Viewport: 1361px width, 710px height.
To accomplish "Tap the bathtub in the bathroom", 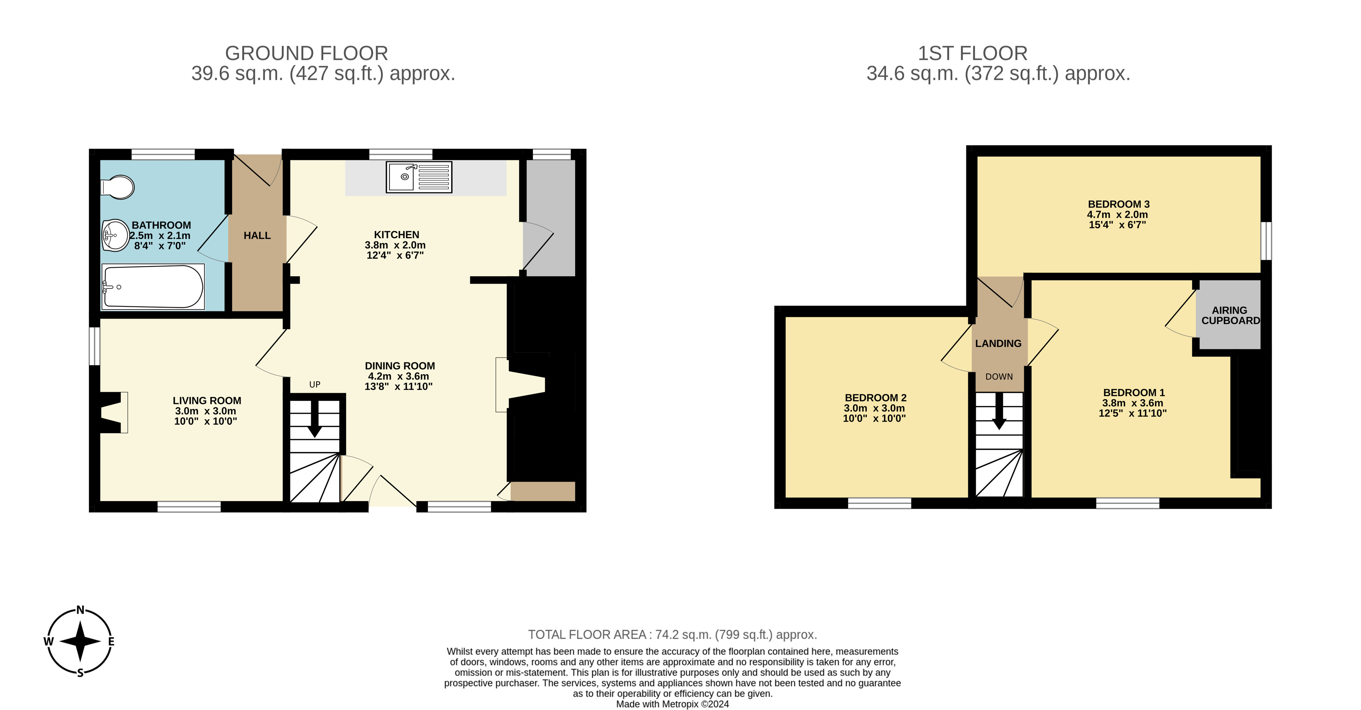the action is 153,286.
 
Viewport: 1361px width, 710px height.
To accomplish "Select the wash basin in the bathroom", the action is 116,235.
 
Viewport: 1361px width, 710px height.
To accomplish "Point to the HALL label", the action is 257,235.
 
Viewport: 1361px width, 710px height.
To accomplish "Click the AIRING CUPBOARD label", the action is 1231,315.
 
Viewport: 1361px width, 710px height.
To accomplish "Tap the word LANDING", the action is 998,343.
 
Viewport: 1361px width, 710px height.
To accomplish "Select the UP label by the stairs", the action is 315,385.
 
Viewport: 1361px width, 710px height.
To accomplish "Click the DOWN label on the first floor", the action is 999,377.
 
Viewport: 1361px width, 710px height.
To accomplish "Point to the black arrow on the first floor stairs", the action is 999,411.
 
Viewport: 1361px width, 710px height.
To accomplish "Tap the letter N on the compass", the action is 80,610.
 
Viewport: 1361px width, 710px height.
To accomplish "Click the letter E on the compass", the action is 111,641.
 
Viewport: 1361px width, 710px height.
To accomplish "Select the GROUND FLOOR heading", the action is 306,53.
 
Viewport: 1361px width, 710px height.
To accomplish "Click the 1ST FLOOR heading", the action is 973,53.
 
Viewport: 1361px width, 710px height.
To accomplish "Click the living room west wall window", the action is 94,346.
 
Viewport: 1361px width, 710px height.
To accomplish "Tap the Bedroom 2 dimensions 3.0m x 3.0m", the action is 874,408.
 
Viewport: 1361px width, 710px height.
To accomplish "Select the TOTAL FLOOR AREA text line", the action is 672,634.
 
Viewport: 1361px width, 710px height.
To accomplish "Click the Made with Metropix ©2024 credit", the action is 672,704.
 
